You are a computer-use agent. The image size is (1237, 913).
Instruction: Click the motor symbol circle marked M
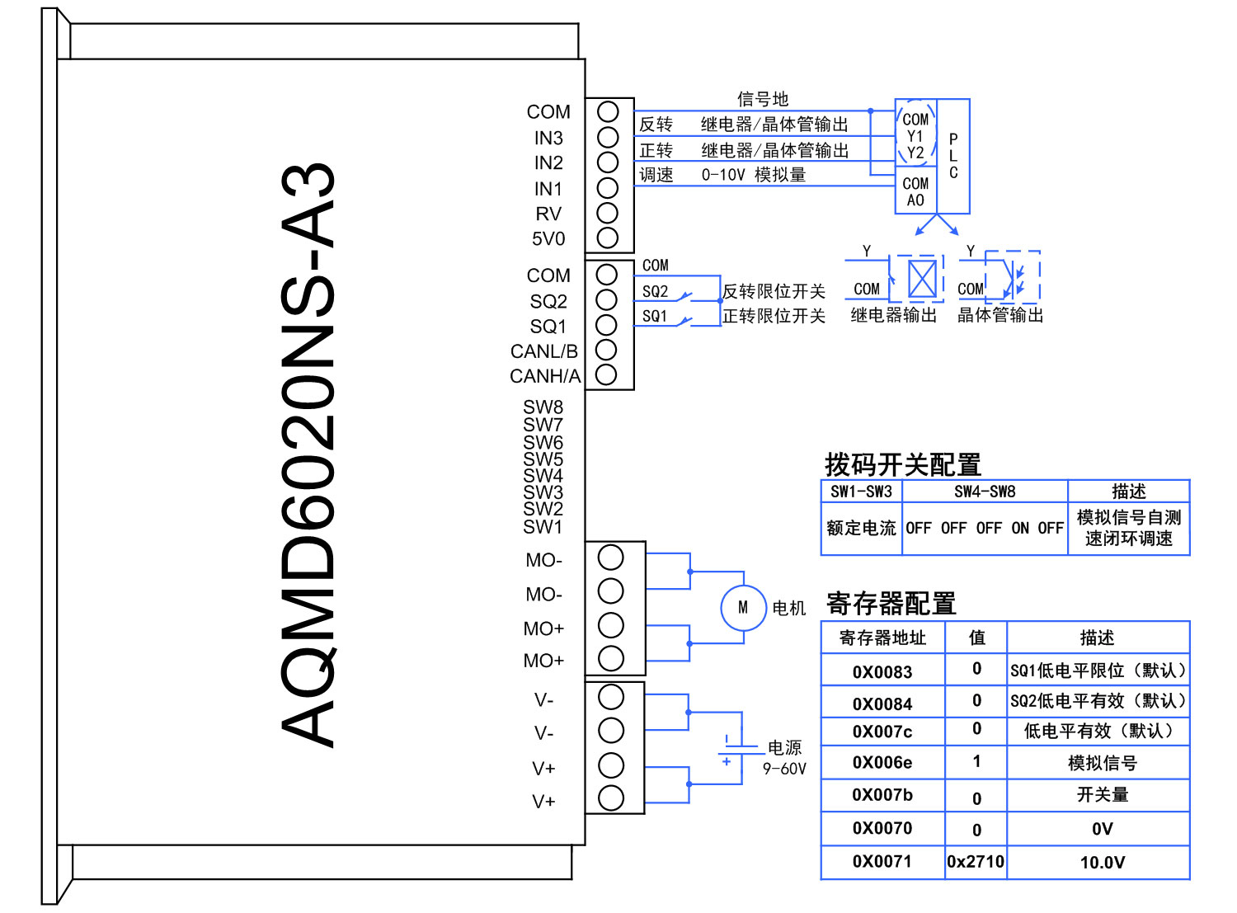[x=743, y=608]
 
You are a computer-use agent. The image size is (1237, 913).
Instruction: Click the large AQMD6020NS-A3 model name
[x=308, y=455]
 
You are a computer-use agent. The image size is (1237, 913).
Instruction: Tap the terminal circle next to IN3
[x=608, y=137]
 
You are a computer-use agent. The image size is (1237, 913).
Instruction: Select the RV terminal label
[x=548, y=214]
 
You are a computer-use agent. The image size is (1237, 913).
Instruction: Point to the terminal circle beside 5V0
[x=608, y=238]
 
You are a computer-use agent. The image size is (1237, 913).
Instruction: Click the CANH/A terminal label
[x=545, y=376]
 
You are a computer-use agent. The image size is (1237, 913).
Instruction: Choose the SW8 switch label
[x=543, y=407]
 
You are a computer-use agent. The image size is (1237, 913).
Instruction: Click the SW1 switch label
[x=543, y=526]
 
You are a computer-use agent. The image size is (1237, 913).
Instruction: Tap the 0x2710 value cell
[x=976, y=862]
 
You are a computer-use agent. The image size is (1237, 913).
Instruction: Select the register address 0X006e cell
[x=882, y=763]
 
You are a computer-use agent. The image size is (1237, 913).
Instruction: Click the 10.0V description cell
[x=1102, y=863]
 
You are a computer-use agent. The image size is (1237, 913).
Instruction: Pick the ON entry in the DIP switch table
[x=1020, y=528]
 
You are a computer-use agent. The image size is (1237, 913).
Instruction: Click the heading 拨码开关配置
[x=903, y=465]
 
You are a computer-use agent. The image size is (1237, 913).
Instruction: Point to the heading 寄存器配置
[x=891, y=604]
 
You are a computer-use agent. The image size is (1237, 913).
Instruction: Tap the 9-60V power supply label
[x=784, y=769]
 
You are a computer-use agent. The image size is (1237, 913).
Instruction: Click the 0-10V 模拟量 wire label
[x=753, y=175]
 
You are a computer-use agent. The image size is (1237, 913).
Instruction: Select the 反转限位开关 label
[x=774, y=291]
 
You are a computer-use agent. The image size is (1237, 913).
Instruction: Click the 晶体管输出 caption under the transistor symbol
[x=1000, y=315]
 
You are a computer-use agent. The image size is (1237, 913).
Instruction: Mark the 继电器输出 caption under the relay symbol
[x=894, y=315]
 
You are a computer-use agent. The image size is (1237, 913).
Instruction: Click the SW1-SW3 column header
[x=861, y=492]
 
